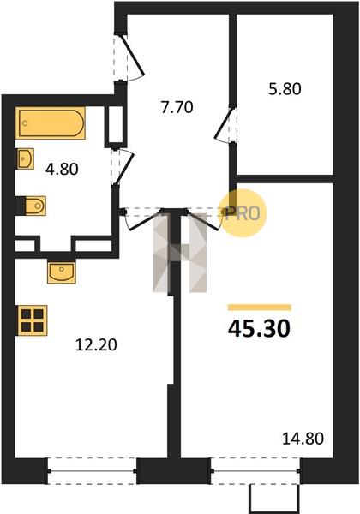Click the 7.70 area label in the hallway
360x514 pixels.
click(177, 107)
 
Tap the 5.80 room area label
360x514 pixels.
click(285, 89)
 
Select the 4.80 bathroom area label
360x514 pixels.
click(62, 169)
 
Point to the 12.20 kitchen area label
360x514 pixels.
click(96, 345)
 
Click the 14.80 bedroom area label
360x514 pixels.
click(303, 439)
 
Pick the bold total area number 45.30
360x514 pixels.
click(259, 328)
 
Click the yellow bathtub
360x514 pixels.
click(51, 123)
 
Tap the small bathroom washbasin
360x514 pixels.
click(25, 159)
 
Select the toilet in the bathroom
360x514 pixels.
click(31, 206)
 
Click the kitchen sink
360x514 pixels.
click(62, 272)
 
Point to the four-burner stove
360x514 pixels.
click(32, 320)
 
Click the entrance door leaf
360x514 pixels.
click(133, 55)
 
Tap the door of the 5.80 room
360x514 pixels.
click(224, 123)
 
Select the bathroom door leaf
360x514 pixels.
click(124, 168)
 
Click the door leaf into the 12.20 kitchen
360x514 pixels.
click(145, 221)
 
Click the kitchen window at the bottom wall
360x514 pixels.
click(92, 471)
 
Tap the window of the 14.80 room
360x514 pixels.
click(255, 471)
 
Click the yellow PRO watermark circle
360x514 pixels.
click(243, 213)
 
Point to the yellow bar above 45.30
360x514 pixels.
click(260, 308)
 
